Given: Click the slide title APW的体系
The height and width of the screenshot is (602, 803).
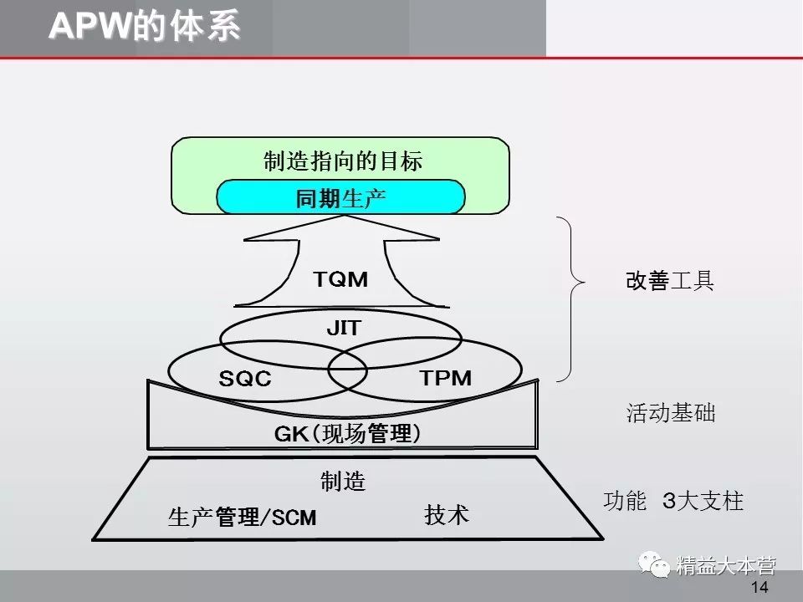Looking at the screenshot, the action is pyautogui.click(x=144, y=27).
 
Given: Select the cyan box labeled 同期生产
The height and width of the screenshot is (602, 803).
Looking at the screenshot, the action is pyautogui.click(x=341, y=198).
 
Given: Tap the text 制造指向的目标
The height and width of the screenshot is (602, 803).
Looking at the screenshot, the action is pyautogui.click(x=342, y=161).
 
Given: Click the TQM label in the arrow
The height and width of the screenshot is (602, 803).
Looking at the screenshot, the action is pyautogui.click(x=340, y=279).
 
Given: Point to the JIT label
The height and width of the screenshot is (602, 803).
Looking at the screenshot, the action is pyautogui.click(x=343, y=329).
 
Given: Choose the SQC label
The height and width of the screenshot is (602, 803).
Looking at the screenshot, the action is pyautogui.click(x=245, y=379).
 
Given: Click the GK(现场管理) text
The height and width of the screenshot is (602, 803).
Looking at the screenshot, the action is pyautogui.click(x=347, y=434).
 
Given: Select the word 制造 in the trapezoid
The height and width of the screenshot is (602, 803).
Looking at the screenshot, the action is pyautogui.click(x=343, y=482).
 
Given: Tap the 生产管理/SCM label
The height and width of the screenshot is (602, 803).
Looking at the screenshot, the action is pyautogui.click(x=243, y=518).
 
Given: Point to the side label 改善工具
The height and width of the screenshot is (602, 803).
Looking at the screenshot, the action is pyautogui.click(x=670, y=281).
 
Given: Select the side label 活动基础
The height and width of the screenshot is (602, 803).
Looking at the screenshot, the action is pyautogui.click(x=671, y=413).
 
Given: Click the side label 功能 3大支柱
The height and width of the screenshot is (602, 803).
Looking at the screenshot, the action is pyautogui.click(x=673, y=501).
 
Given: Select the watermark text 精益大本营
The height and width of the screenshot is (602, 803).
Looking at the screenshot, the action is pyautogui.click(x=726, y=566).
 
